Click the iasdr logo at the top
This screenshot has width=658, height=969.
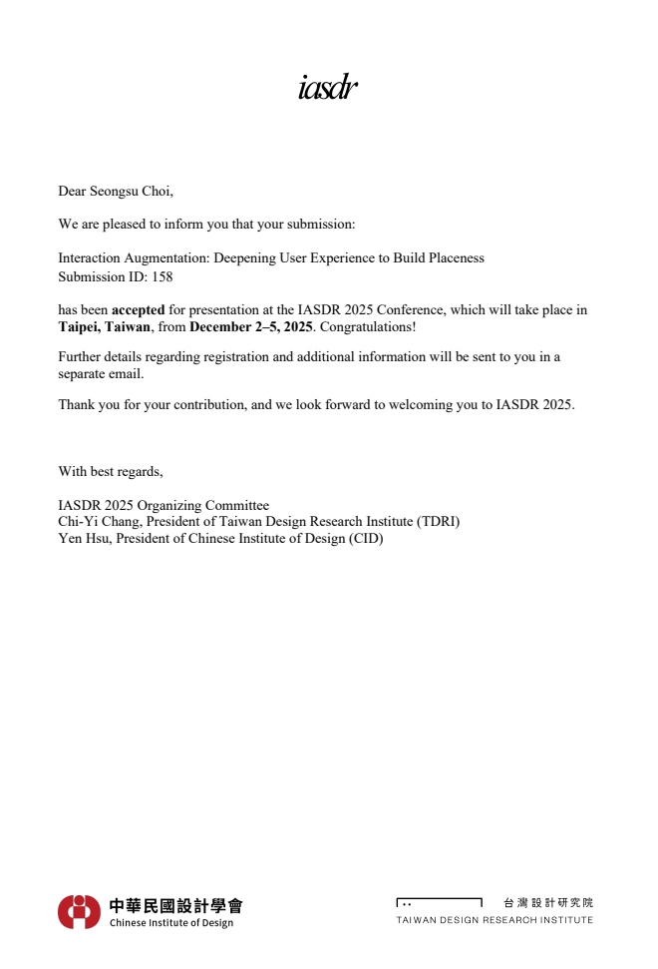pyautogui.click(x=327, y=89)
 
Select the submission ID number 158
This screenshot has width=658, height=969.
pyautogui.click(x=162, y=276)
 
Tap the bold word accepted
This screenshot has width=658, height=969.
pyautogui.click(x=138, y=310)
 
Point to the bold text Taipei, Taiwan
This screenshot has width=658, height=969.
pyautogui.click(x=105, y=327)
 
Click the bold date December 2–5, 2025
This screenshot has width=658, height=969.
pyautogui.click(x=251, y=327)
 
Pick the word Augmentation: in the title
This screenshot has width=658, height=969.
pyautogui.click(x=166, y=258)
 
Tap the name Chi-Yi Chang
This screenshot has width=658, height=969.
pyautogui.click(x=99, y=522)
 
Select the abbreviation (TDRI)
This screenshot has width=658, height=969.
pyautogui.click(x=439, y=522)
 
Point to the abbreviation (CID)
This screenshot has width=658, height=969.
pyautogui.click(x=365, y=539)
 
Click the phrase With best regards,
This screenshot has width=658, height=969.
pyautogui.click(x=110, y=471)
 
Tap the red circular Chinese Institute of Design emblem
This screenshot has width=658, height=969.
pyautogui.click(x=79, y=911)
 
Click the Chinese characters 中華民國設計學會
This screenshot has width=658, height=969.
pyautogui.click(x=175, y=905)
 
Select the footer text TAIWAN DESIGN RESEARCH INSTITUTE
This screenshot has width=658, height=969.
pyautogui.click(x=494, y=920)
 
